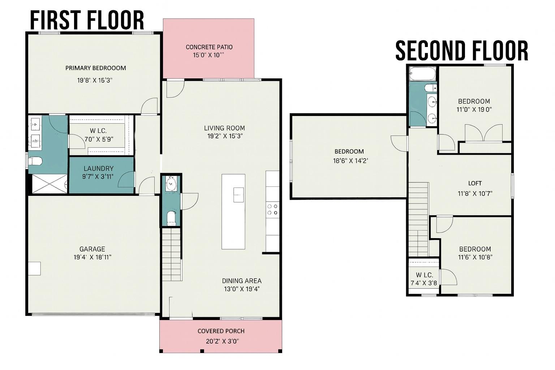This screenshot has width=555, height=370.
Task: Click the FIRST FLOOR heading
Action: pos(87,20)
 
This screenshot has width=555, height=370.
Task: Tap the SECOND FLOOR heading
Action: pos(462,51)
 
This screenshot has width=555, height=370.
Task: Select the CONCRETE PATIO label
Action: pos(209,47)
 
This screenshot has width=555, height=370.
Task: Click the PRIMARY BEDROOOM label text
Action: pos(96,68)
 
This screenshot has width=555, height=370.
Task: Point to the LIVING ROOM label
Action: pos(224,128)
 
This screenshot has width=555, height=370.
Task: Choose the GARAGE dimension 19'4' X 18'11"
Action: pos(92,257)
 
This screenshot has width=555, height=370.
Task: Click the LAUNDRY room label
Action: pos(99,168)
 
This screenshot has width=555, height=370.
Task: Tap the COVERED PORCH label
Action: pos(221,331)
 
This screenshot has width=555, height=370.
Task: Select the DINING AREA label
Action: pos(242,281)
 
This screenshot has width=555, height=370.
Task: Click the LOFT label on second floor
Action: pos(475,184)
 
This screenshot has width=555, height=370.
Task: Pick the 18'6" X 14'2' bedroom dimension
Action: pos(350,161)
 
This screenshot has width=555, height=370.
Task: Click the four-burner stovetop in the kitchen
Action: pos(272,210)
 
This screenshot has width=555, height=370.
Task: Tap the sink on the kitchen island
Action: pos(238,195)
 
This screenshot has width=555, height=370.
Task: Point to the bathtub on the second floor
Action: pos(423,74)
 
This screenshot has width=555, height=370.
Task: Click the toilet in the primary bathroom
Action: pos(35,162)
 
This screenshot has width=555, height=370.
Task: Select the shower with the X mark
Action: pos(50,184)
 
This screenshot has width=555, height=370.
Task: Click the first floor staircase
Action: pos(171,254)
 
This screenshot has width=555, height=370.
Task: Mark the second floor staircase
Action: pos(418,220)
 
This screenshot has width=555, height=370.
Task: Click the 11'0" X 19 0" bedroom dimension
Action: pos(474,109)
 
